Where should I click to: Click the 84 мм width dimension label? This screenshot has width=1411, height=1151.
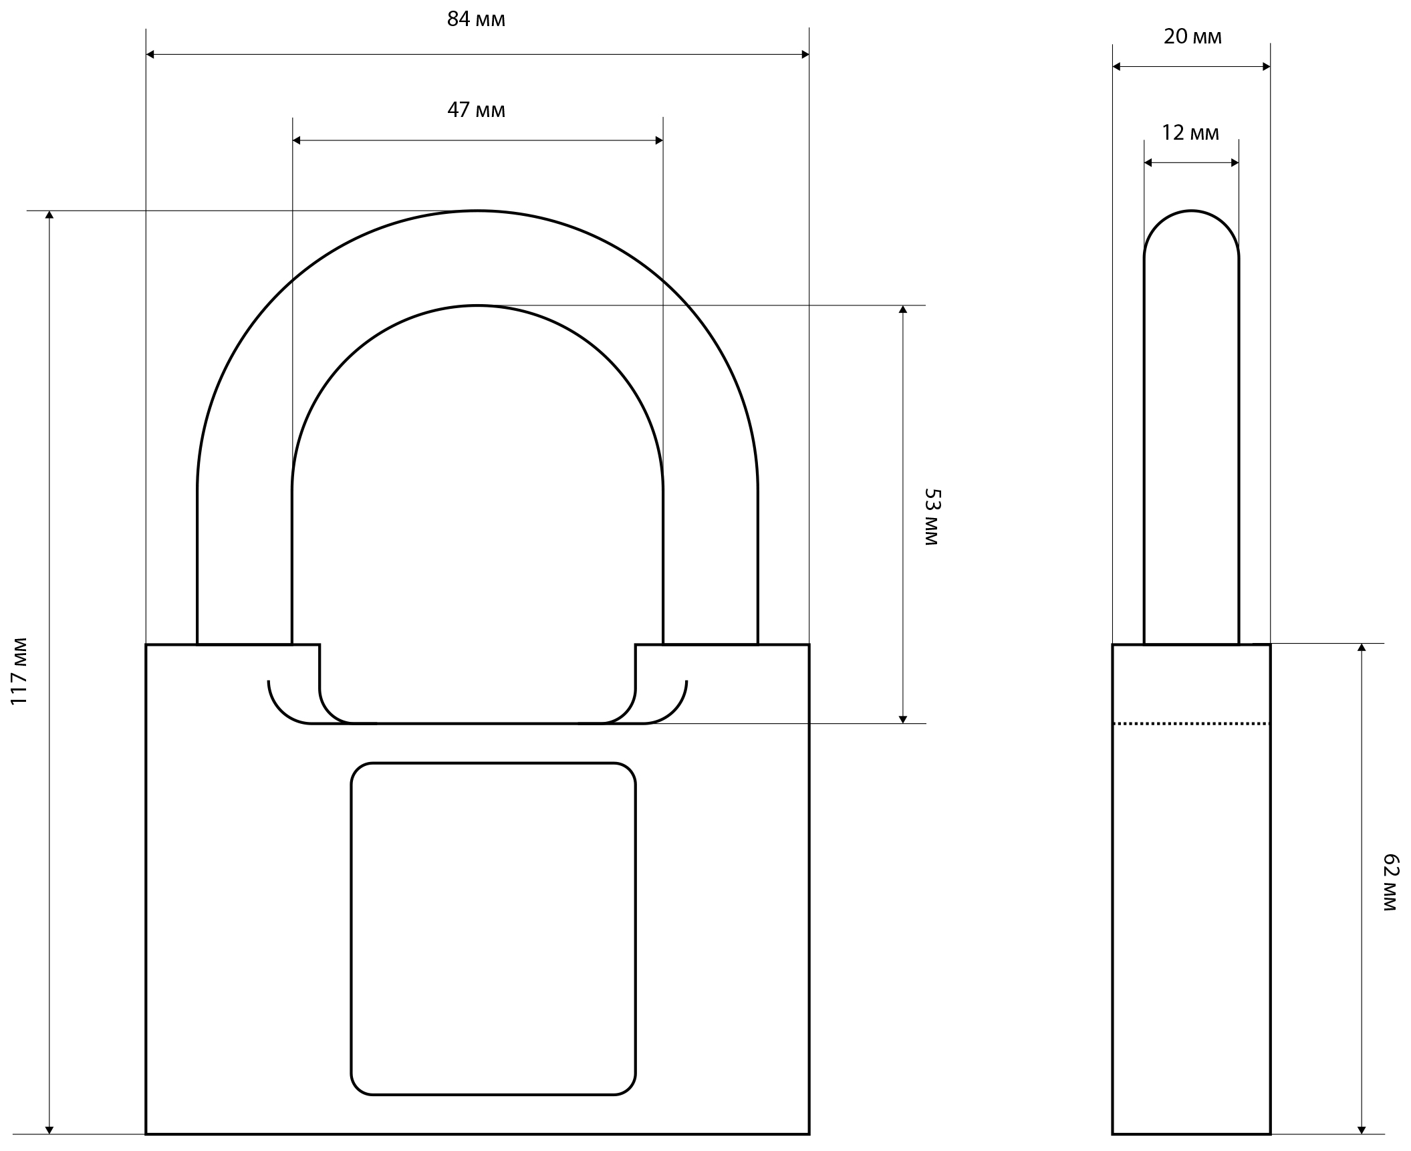pos(476,19)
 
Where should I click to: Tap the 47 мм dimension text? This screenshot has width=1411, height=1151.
pos(476,110)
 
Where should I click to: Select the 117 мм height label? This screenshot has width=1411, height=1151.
pos(19,671)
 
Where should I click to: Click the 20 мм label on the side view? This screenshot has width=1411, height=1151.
pos(1192,36)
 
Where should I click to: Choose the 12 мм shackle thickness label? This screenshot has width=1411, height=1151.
pos(1190,132)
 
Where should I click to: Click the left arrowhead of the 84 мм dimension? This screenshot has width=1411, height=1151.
pos(150,54)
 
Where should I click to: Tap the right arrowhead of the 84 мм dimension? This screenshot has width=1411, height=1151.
pos(805,54)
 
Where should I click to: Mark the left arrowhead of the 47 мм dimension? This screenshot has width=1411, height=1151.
pos(297,140)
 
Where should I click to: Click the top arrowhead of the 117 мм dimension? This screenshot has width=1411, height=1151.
pos(49,215)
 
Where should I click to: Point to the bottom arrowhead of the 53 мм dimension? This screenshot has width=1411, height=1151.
pos(902,719)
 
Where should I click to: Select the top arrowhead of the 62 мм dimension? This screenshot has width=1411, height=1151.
pos(1362,648)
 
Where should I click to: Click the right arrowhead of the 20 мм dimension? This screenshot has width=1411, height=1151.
pos(1266,67)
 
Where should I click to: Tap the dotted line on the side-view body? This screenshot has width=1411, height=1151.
pos(1191,723)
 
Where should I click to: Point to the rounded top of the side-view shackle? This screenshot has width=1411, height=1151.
pos(1191,234)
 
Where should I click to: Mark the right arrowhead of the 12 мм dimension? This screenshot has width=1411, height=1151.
pos(1235,162)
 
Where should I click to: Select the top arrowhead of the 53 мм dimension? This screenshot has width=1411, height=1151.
pos(902,309)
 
